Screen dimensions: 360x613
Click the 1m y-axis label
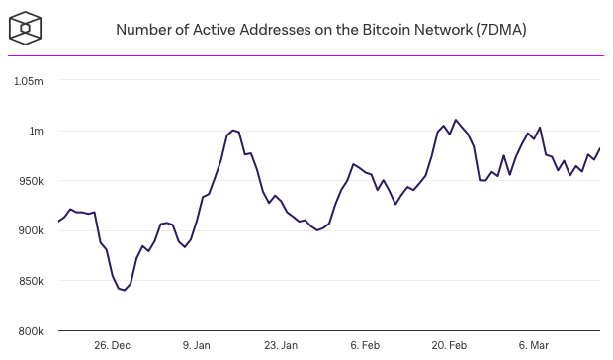pos(37,131)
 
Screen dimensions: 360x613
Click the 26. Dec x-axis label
pos(112,345)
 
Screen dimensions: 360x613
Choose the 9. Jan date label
pos(197,345)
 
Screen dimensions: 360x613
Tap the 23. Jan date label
pos(281,345)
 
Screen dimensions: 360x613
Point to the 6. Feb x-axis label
pos(365,345)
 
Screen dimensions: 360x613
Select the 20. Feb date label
pos(450,345)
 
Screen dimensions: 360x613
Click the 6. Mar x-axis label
pos(534,345)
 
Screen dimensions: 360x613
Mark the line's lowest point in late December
pos(125,291)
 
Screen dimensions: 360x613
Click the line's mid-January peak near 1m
pos(233,130)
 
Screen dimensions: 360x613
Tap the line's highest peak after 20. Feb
pos(456,120)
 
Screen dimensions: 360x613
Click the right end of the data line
pos(600,148)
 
